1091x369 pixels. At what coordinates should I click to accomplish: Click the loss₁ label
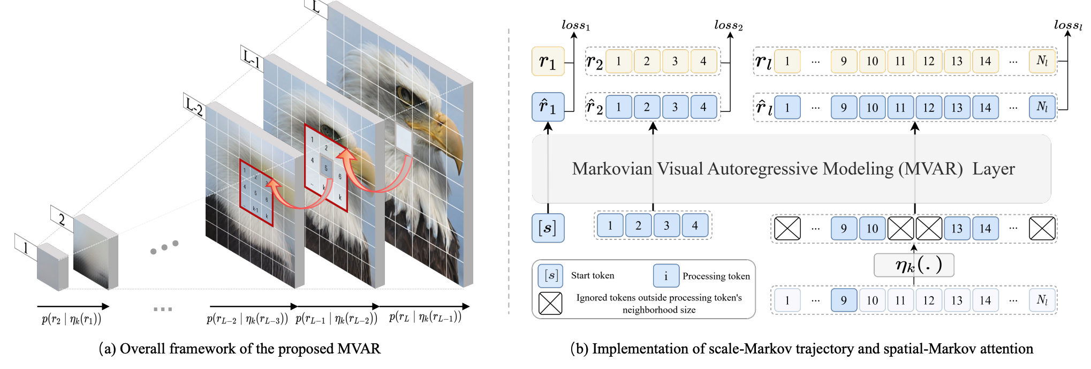click(x=575, y=25)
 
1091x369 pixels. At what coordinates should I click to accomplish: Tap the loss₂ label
click(x=728, y=25)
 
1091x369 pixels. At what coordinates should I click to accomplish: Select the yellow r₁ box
click(x=548, y=62)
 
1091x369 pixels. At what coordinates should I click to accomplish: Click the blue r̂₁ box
click(x=548, y=107)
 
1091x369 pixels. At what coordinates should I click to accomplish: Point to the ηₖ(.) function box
click(x=914, y=265)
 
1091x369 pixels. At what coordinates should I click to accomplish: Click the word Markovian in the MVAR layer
click(x=612, y=169)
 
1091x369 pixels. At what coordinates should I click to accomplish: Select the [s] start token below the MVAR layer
click(x=548, y=228)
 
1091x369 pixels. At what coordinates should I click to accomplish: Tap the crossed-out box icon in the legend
click(x=550, y=303)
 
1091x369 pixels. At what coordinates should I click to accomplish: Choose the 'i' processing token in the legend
click(x=666, y=276)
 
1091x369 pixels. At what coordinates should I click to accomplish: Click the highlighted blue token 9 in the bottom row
click(x=844, y=300)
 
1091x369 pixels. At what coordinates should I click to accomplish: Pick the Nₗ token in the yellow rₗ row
click(x=1042, y=61)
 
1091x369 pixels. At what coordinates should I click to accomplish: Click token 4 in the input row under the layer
click(x=695, y=225)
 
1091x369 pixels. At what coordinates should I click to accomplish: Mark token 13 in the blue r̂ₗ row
click(x=957, y=107)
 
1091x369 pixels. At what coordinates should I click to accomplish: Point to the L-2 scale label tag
click(x=194, y=106)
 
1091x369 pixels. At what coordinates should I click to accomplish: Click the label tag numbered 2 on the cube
click(x=62, y=219)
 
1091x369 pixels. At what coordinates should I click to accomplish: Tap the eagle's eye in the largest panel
click(x=404, y=96)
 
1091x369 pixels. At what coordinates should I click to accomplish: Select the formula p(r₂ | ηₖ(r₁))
click(x=72, y=320)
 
